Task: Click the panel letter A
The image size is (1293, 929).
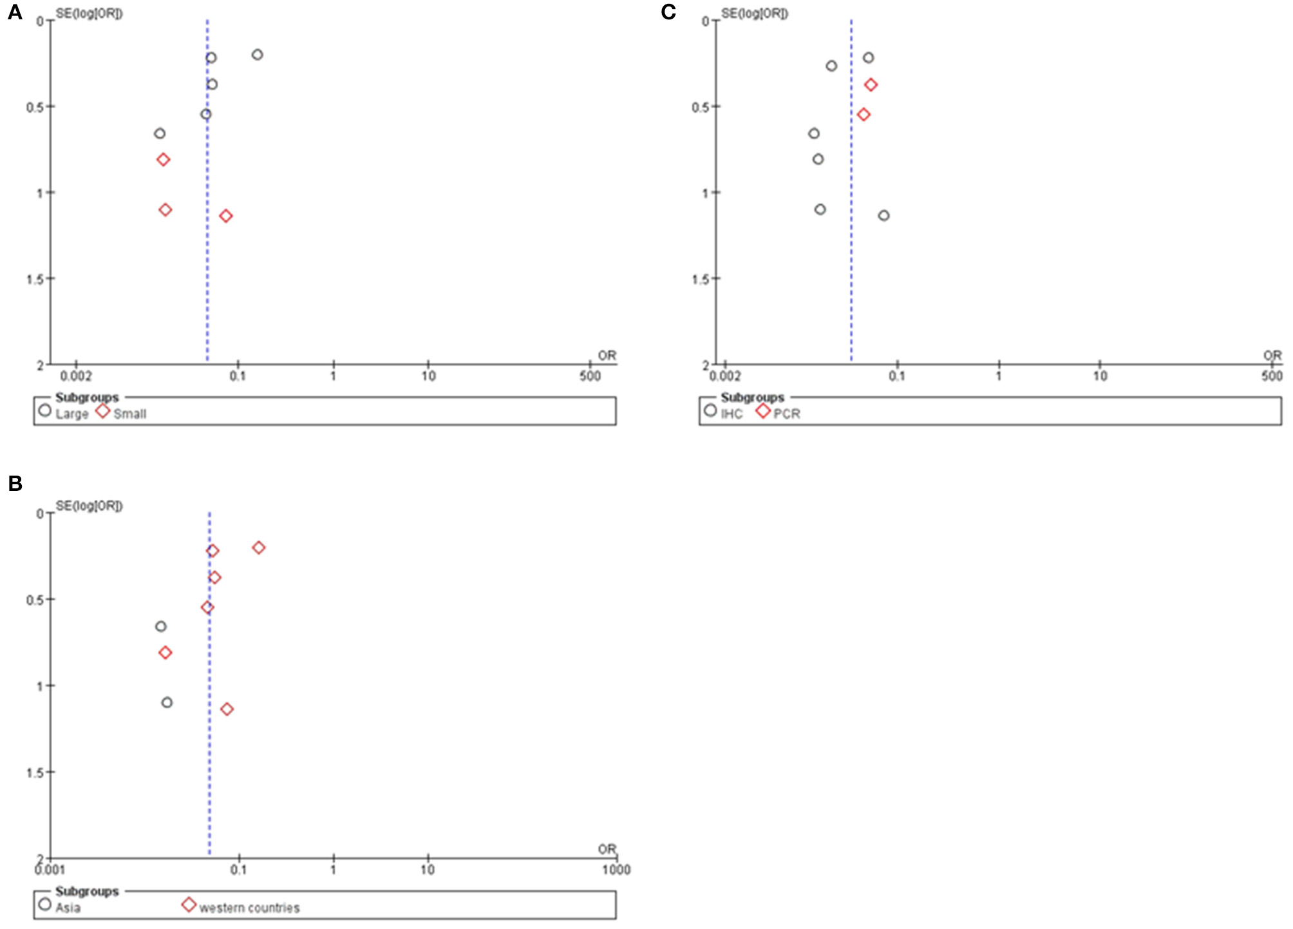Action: point(14,12)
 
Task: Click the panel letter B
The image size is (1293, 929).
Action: point(15,483)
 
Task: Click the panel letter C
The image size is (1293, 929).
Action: point(668,12)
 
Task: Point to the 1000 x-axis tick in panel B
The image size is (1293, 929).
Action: point(616,870)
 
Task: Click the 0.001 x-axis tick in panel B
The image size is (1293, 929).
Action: point(50,870)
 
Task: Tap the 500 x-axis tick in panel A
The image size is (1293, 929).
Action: point(589,376)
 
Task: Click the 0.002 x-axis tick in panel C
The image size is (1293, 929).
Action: point(725,376)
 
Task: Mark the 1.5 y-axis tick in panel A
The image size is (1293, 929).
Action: point(36,279)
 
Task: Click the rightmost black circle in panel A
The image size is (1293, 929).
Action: point(258,55)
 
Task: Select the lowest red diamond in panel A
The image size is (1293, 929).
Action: point(225,216)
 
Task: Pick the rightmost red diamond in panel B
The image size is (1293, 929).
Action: point(259,548)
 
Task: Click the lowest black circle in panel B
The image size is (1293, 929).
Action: point(167,702)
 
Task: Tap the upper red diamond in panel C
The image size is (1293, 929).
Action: point(871,84)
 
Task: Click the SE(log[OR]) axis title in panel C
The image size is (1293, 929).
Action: point(754,13)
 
